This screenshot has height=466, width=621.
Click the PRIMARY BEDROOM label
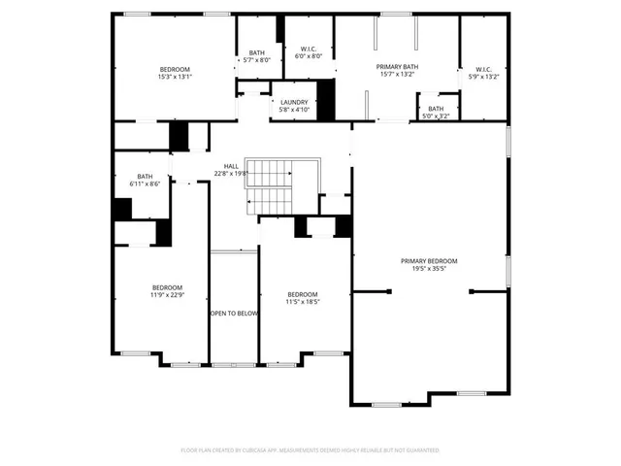(429, 261)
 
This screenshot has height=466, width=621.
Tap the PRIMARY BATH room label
(396, 66)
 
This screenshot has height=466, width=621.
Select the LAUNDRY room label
(294, 102)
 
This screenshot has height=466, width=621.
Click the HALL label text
(231, 166)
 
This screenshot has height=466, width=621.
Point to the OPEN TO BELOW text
(234, 314)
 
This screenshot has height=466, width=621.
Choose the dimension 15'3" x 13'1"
(176, 77)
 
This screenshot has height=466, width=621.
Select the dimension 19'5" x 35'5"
(429, 269)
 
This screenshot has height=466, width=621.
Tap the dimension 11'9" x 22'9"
(167, 295)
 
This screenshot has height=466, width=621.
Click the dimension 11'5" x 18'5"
(302, 302)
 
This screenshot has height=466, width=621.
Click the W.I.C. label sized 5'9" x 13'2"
(483, 69)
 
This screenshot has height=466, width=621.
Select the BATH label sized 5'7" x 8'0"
(256, 52)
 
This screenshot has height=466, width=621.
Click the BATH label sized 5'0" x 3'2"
(436, 109)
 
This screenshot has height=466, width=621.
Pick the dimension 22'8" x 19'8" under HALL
(231, 174)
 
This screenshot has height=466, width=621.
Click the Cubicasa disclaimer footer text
(310, 450)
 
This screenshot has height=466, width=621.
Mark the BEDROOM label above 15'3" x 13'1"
(176, 69)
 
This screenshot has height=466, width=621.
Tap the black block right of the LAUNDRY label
(326, 99)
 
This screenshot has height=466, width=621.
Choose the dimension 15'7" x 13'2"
(396, 74)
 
